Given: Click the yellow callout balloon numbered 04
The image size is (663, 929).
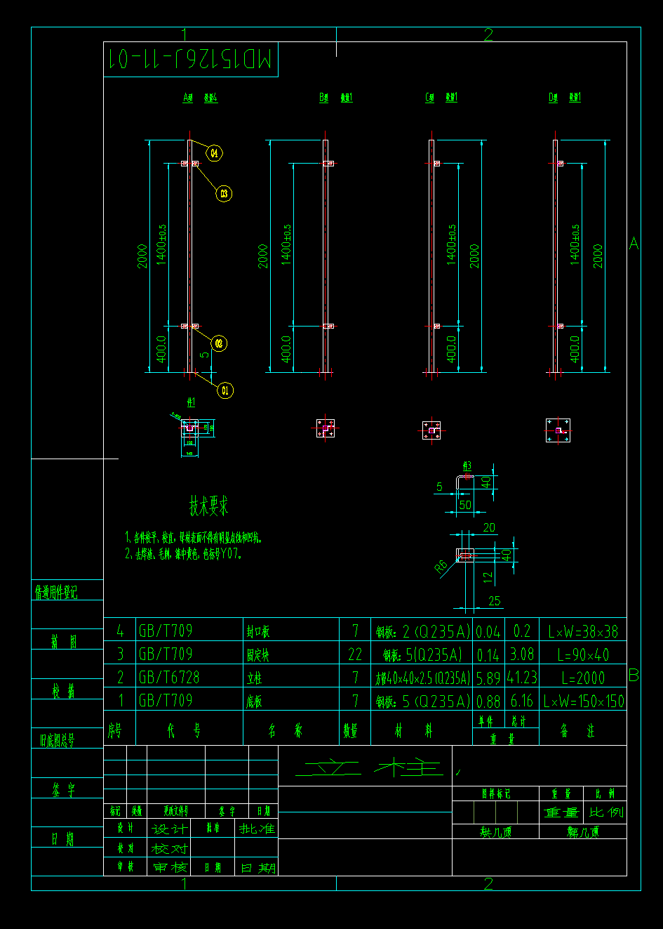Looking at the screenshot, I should point(214,152).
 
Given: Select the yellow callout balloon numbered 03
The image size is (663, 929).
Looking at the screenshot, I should point(224,193).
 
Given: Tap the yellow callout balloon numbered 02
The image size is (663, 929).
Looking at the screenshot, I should point(219,343).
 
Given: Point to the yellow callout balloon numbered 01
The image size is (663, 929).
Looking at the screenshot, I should point(225,390).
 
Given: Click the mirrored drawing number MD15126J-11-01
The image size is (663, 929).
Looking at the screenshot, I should point(190,60).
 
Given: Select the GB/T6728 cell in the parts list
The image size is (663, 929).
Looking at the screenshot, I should point(169,678).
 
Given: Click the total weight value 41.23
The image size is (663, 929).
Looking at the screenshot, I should point(523,678).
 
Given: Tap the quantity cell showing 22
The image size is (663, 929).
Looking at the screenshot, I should point(355,654).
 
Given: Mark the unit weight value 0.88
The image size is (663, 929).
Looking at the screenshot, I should point(488,701).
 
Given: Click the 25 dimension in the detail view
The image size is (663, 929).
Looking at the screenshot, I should point(495,601).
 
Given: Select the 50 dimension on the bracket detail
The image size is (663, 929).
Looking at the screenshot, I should point(465,505).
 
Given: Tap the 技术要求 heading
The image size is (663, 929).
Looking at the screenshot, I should point(208,506).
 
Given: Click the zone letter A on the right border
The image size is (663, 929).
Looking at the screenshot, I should point(634,244).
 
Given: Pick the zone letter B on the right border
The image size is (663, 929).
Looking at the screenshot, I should point(634,675).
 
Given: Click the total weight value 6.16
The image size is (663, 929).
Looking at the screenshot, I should point(523,701).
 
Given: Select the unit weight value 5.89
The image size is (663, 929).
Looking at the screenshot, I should point(488,678).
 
